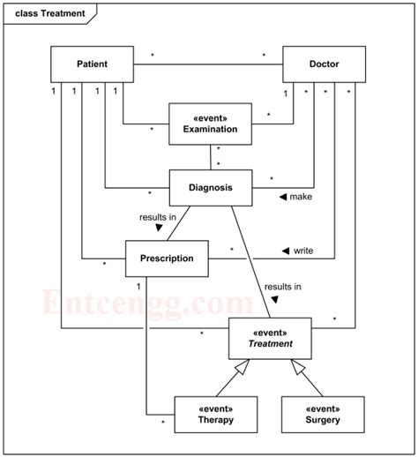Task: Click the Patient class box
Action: coord(92,64)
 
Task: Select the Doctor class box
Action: coord(324,64)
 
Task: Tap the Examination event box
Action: coord(210,123)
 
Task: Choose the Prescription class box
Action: coord(167,258)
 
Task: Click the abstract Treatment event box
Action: coord(271,339)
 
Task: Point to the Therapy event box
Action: coord(216,415)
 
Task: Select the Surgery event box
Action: coord(323,415)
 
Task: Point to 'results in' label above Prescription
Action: coord(157,215)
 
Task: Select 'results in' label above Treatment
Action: coord(282,286)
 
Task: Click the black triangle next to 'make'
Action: coord(283,197)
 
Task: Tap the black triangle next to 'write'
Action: coord(286,251)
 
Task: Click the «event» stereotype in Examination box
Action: coord(210,116)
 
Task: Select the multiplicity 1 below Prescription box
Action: coord(138,286)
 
